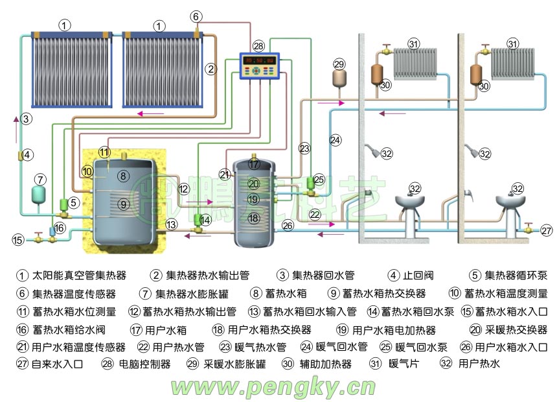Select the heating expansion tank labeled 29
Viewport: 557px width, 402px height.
click(x=339, y=78)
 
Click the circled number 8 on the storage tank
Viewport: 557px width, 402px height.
click(x=123, y=176)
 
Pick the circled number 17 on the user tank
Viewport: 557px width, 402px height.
click(x=254, y=165)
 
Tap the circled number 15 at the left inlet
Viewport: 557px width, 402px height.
click(x=17, y=240)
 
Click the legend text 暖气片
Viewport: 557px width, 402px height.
click(x=404, y=364)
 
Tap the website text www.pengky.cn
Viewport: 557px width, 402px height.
click(x=273, y=387)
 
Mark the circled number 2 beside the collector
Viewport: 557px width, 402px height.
click(x=210, y=67)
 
